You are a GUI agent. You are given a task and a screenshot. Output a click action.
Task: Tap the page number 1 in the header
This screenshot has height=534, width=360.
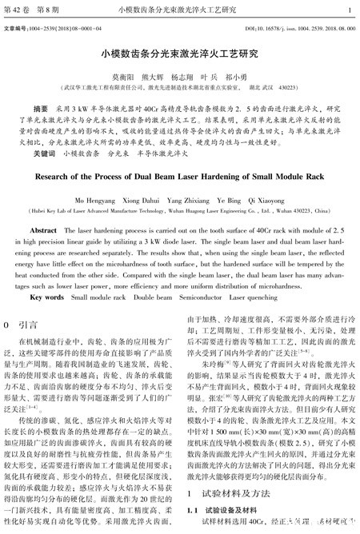[x=350, y=10]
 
